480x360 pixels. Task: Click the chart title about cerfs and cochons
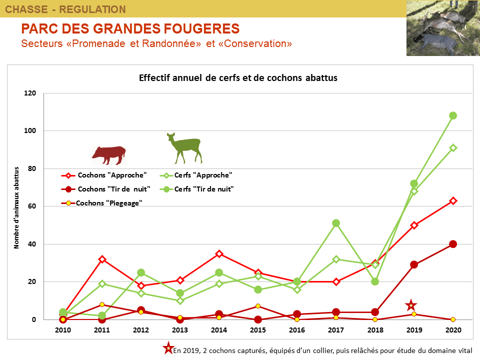[x=238, y=78]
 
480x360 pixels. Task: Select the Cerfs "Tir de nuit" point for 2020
[x=453, y=115]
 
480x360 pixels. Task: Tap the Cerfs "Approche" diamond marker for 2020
[x=453, y=148]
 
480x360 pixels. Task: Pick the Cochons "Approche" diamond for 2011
[x=102, y=259]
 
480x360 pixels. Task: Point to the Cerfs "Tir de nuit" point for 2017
[x=336, y=223]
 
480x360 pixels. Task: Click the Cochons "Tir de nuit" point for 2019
[x=414, y=264]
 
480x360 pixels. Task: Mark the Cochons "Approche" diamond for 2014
[x=219, y=253]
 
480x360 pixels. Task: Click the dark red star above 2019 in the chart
[x=411, y=305]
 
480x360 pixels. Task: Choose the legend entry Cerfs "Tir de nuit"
[x=204, y=189]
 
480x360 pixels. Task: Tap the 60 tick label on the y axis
[x=33, y=206]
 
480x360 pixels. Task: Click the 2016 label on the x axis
[x=297, y=330]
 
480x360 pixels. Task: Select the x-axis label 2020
[x=453, y=330]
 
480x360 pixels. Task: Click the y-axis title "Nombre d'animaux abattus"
[x=16, y=207]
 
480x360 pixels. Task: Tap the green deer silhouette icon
[x=184, y=148]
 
